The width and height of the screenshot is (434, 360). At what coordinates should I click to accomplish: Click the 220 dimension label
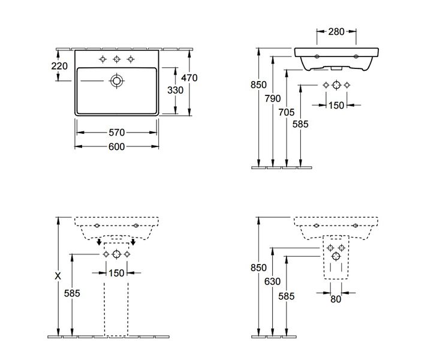pyautogui.click(x=59, y=66)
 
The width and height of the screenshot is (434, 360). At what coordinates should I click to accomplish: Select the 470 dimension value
pyautogui.click(x=189, y=78)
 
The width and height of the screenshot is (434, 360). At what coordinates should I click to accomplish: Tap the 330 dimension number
pyautogui.click(x=175, y=90)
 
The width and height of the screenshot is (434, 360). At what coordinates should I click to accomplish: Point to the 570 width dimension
pyautogui.click(x=116, y=133)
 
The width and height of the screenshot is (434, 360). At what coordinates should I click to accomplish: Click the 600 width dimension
pyautogui.click(x=116, y=146)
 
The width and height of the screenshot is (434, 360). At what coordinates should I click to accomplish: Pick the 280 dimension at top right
pyautogui.click(x=336, y=32)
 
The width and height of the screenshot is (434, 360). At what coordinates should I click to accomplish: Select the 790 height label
pyautogui.click(x=273, y=98)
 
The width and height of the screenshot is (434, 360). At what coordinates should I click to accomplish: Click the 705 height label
pyautogui.click(x=287, y=112)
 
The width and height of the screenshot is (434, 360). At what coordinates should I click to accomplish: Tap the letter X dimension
pyautogui.click(x=58, y=276)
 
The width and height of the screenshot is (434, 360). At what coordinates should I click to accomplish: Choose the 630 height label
pyautogui.click(x=272, y=281)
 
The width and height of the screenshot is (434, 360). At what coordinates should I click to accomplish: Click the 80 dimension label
pyautogui.click(x=336, y=299)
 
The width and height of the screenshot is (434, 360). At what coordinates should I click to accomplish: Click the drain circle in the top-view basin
pyautogui.click(x=117, y=81)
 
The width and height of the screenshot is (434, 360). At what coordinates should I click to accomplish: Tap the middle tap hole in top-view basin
pyautogui.click(x=117, y=59)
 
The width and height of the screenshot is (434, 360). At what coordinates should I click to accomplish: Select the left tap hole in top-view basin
pyautogui.click(x=103, y=59)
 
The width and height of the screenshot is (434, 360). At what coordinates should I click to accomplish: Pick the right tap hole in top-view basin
pyautogui.click(x=131, y=59)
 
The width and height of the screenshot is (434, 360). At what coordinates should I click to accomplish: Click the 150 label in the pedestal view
pyautogui.click(x=116, y=273)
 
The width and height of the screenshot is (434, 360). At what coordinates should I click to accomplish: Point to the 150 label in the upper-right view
pyautogui.click(x=336, y=106)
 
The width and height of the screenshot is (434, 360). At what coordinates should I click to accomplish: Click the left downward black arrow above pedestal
pyautogui.click(x=99, y=242)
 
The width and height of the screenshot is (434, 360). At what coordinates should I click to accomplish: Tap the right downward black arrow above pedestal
pyautogui.click(x=133, y=242)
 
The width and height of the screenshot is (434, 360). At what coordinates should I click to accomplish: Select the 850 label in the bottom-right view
pyautogui.click(x=258, y=268)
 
